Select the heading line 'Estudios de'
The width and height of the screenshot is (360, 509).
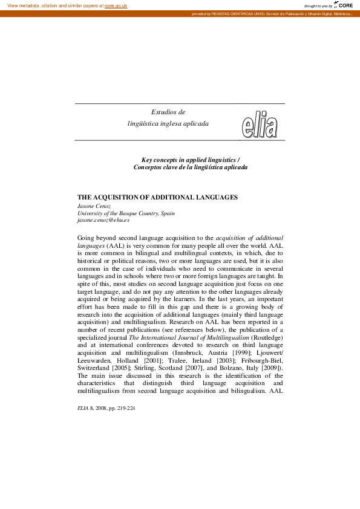(168, 112)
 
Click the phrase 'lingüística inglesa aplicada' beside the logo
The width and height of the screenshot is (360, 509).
(168, 123)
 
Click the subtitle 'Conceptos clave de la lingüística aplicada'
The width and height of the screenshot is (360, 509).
(191, 167)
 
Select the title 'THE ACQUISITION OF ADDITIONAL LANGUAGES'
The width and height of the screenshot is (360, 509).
(157, 198)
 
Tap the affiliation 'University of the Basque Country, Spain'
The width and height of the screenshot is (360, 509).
(126, 213)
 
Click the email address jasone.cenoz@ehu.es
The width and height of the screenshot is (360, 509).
(103, 221)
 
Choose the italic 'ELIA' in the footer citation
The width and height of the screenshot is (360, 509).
(83, 408)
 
